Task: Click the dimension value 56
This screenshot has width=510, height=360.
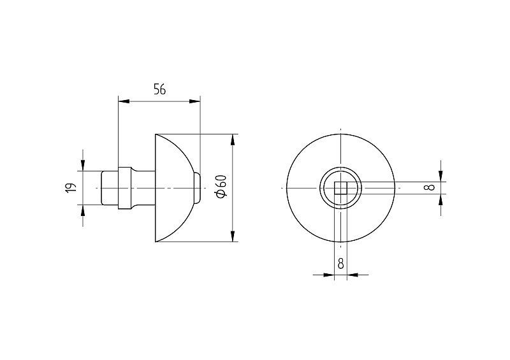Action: point(159,89)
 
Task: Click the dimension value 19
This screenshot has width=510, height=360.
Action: point(71,187)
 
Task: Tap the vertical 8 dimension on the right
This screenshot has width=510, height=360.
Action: point(431,187)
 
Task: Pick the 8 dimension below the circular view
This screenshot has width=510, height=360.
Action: point(340,263)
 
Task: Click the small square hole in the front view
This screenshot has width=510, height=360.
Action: point(341,187)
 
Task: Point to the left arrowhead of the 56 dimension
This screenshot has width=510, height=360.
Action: point(123,101)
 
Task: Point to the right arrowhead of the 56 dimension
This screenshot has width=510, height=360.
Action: point(196,101)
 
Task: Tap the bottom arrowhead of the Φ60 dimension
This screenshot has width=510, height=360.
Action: point(233,237)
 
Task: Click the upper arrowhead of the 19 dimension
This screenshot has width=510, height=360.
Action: point(82,166)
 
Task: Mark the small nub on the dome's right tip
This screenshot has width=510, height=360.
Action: point(197,187)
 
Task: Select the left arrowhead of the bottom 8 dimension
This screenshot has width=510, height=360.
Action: point(330,275)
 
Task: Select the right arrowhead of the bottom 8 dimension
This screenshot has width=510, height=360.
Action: point(351,275)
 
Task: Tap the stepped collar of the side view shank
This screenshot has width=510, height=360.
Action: point(125,187)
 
